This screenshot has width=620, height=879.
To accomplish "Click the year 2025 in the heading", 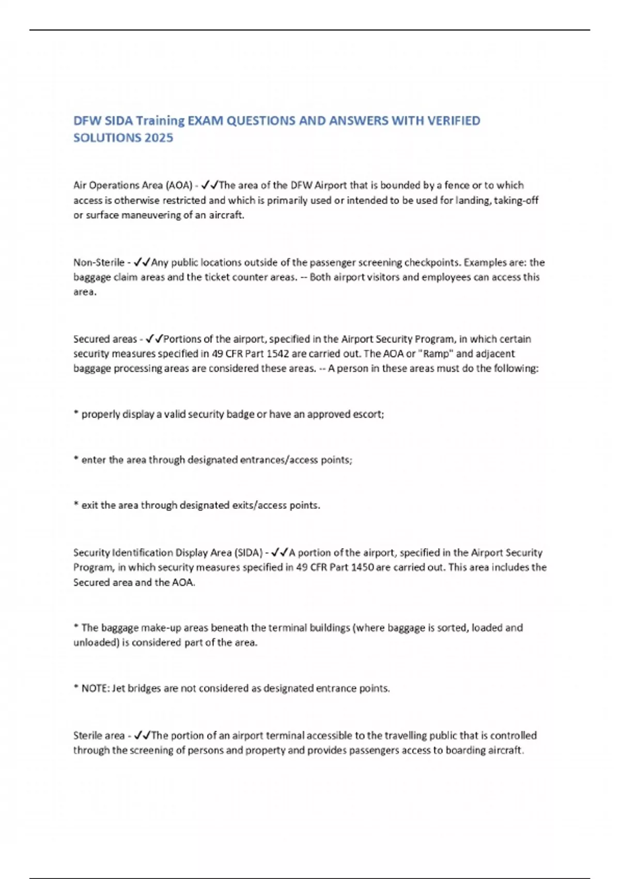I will (159, 138).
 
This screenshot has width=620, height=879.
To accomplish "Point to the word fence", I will (456, 185).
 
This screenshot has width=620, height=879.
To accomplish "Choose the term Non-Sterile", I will (99, 262).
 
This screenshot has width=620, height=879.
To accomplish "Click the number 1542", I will (282, 354).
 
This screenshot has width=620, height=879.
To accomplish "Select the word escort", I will (367, 414).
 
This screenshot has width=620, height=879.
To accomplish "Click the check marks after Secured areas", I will (154, 339).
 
